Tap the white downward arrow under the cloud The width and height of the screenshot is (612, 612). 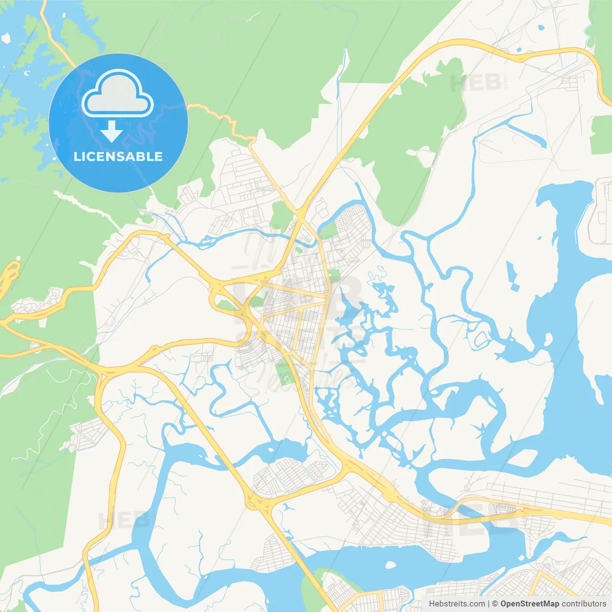coord(111,131)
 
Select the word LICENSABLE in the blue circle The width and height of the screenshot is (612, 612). coord(118,156)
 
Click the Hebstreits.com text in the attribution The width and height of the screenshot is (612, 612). coord(457,604)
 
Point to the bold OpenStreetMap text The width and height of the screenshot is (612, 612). coord(529,604)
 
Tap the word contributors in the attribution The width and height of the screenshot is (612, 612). coord(584,604)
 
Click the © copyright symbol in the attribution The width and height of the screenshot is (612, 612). coord(495,604)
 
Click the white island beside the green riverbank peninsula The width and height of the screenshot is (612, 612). coord(390,565)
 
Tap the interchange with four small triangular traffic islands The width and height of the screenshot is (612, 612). coord(258,502)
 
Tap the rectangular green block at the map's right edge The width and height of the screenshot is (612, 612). coord(601,134)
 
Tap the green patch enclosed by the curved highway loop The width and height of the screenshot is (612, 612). coord(225,303)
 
